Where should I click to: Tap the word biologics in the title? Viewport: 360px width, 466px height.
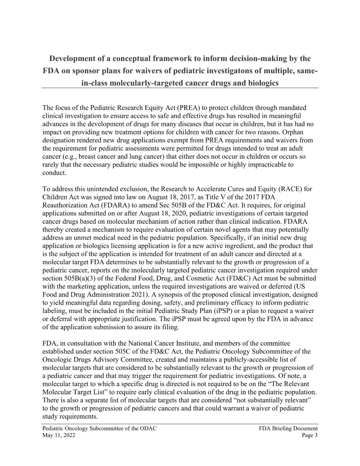pos(262,83)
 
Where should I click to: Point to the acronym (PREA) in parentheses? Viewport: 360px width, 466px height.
pos(189,108)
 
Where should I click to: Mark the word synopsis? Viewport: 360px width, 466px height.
pos(167,295)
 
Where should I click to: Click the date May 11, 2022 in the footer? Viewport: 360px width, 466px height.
pos(59,435)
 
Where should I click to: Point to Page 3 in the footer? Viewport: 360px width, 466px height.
pos(309,435)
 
